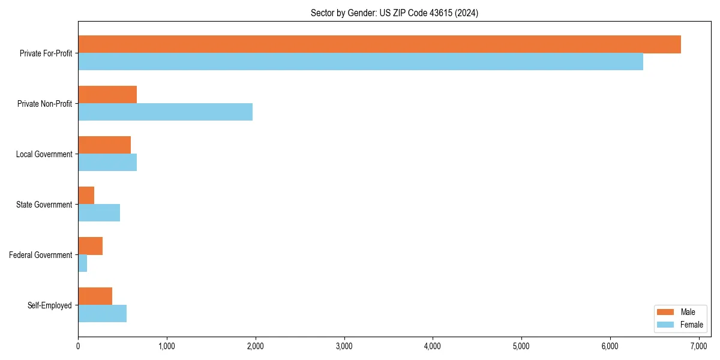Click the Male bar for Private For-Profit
(x=379, y=44)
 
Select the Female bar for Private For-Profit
(x=360, y=62)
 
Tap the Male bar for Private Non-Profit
(x=107, y=95)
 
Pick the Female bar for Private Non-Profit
(x=165, y=112)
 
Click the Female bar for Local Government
(x=107, y=163)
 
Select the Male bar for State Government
(x=86, y=196)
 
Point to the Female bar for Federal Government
(x=82, y=263)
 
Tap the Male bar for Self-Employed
(x=95, y=296)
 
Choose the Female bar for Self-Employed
(x=102, y=314)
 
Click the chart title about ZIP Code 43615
(x=394, y=13)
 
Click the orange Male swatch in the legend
(x=665, y=312)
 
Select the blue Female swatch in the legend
(x=665, y=325)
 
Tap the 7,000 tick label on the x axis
(x=698, y=346)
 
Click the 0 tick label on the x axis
(x=78, y=346)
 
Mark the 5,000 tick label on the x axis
(x=521, y=346)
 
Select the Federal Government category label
(x=40, y=255)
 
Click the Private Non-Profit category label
(x=44, y=104)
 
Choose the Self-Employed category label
(x=50, y=305)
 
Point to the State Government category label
(x=44, y=205)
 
